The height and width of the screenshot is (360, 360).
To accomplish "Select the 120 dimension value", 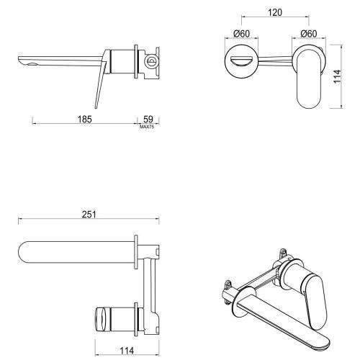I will click(273, 13).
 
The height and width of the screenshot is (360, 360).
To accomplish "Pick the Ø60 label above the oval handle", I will click(308, 34).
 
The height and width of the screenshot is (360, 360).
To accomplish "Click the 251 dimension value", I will click(90, 215).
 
